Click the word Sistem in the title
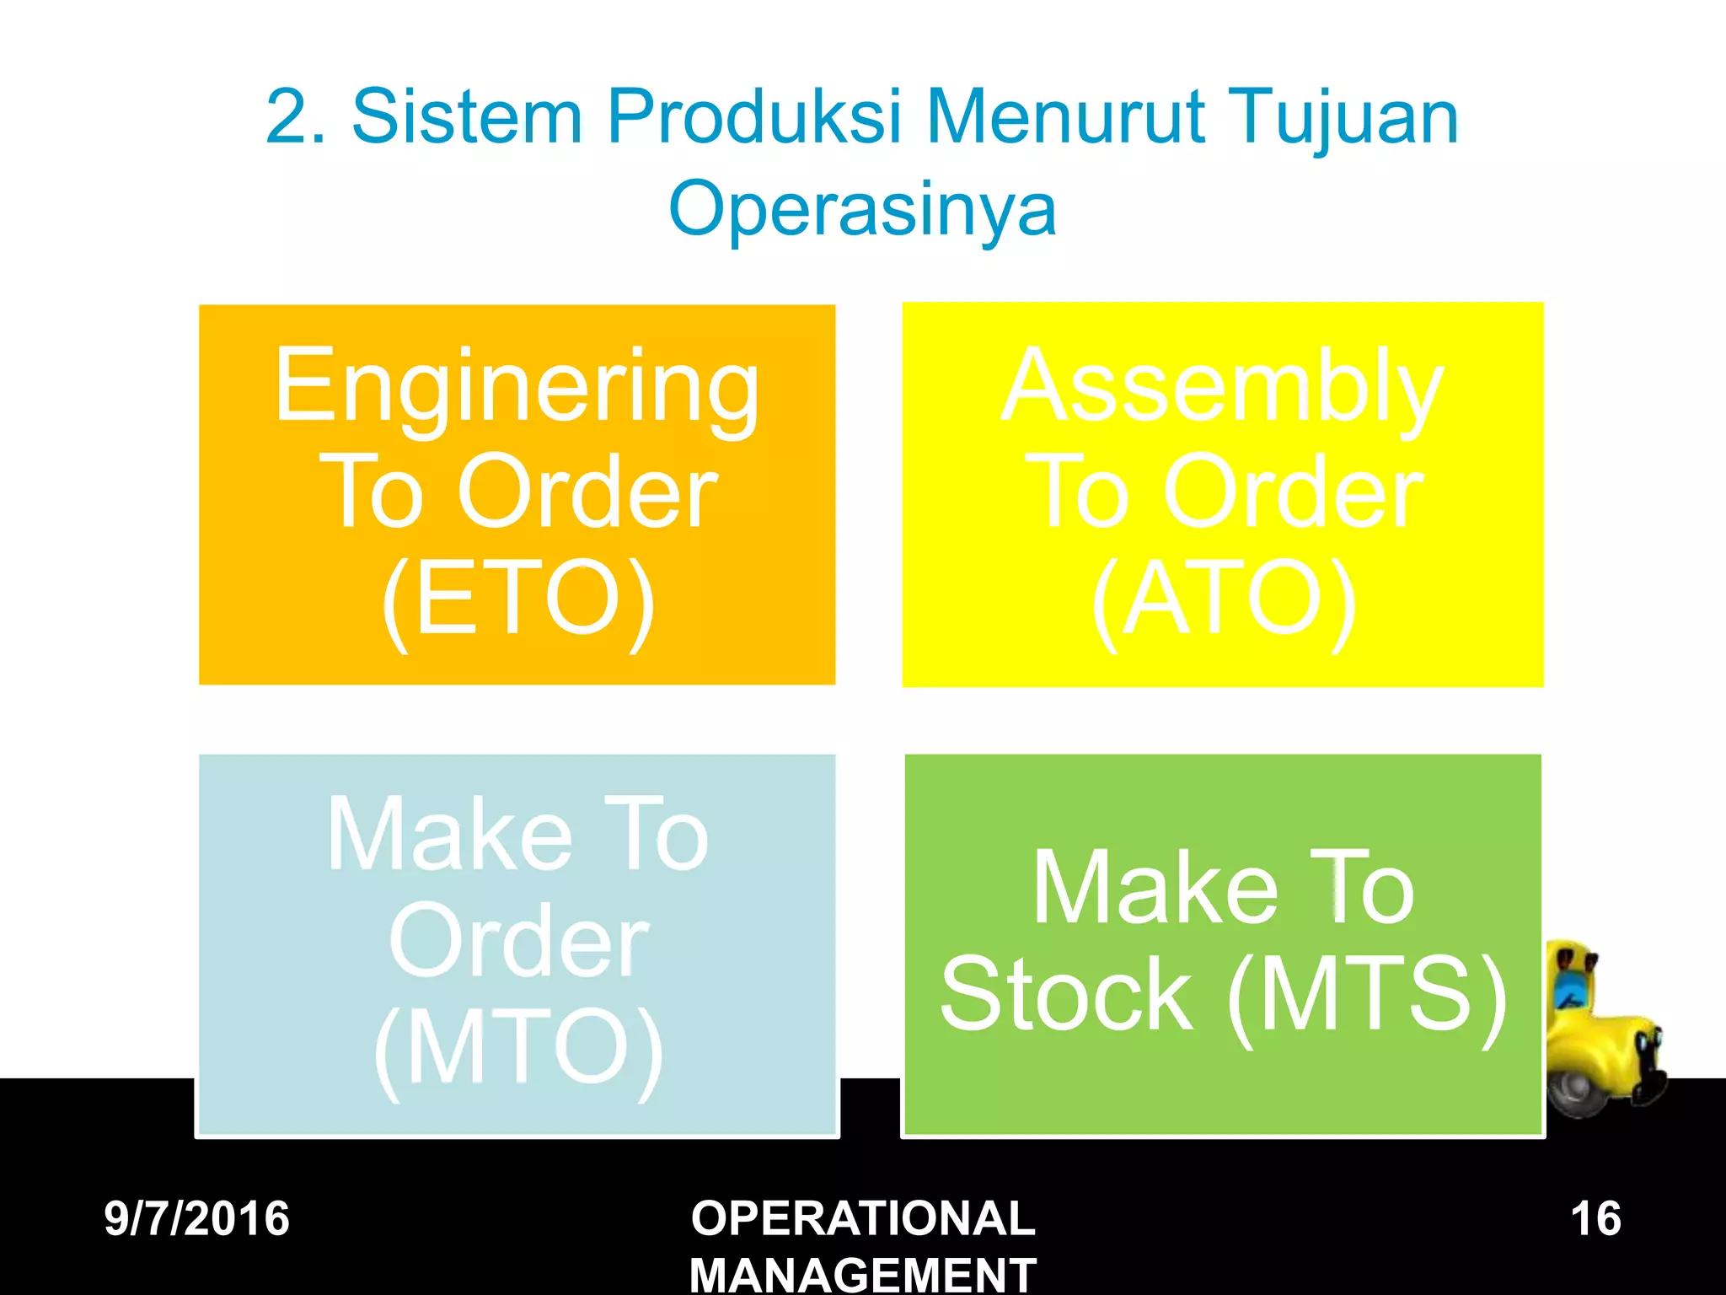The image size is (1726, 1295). coord(466,117)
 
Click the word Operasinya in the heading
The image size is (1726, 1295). coord(862,208)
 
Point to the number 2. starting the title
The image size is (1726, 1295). coord(296,117)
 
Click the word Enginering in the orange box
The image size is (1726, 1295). coord(517,387)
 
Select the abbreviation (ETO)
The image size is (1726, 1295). coord(517,599)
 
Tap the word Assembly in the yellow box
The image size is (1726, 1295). coord(1222,387)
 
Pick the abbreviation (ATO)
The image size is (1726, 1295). coord(1223,599)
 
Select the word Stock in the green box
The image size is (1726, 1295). coord(1066,995)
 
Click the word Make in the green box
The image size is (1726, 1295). coord(1155,889)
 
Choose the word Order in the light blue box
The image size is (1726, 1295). coord(517,942)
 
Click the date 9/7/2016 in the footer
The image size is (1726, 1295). coord(196,1219)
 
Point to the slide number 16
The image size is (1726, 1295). coord(1595,1219)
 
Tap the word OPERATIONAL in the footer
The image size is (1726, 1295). coord(863,1219)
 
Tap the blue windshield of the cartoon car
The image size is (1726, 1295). coord(1569,987)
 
